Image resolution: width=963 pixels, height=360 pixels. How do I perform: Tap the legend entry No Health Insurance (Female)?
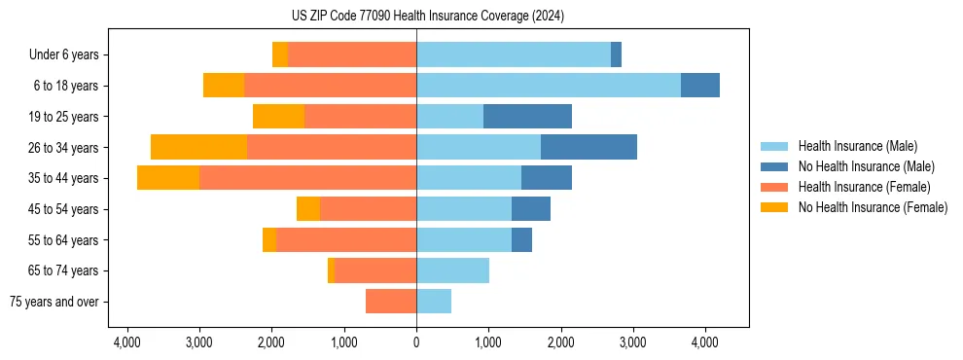(x=873, y=207)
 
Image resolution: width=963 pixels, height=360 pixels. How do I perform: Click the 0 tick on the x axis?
(x=416, y=342)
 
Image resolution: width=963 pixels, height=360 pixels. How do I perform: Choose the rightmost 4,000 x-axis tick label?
(x=705, y=342)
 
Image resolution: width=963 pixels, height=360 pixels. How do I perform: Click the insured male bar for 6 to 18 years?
(x=548, y=86)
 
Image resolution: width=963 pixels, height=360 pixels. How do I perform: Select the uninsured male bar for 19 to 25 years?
(x=527, y=117)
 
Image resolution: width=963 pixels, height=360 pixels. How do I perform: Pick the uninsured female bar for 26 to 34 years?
(x=199, y=147)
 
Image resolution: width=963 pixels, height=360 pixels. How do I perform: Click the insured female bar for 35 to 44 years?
(x=307, y=178)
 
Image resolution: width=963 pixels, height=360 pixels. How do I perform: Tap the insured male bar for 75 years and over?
(x=434, y=302)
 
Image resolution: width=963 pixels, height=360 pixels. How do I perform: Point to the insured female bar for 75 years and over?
(x=391, y=302)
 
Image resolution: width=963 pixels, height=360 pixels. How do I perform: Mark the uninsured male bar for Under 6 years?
(x=616, y=54)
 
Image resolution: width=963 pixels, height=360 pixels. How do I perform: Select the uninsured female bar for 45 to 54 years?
(x=308, y=209)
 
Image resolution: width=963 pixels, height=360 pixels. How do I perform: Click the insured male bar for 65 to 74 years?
(x=452, y=270)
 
